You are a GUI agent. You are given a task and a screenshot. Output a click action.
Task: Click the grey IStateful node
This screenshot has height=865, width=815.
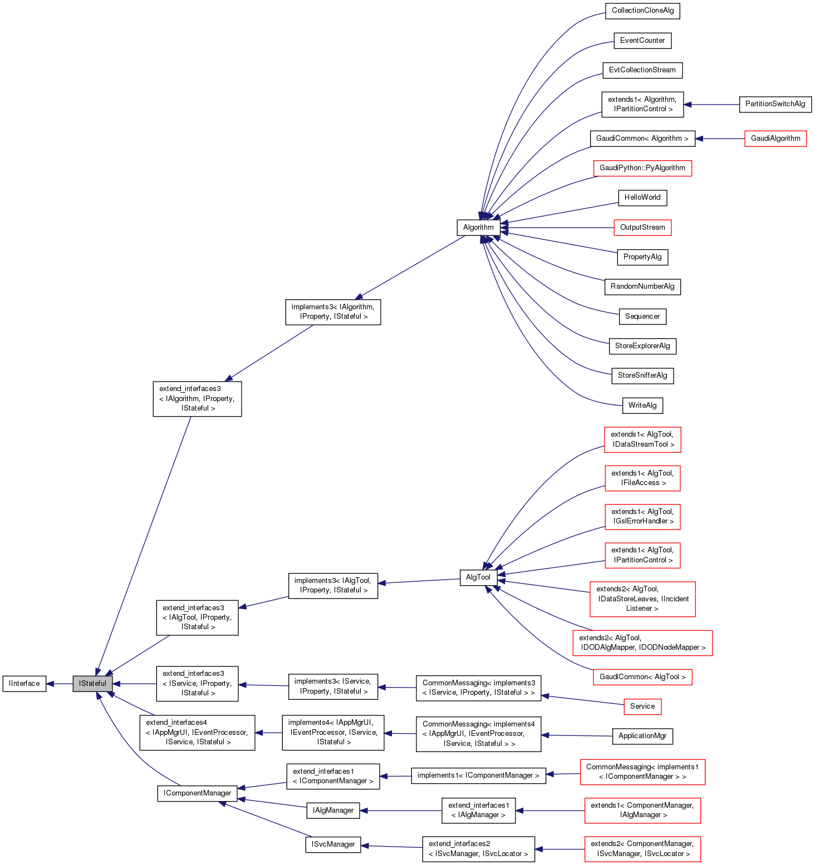coord(92,684)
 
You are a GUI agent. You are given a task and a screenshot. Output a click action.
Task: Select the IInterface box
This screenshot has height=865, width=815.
coord(24,684)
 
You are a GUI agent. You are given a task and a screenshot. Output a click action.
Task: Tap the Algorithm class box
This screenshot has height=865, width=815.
coord(478,228)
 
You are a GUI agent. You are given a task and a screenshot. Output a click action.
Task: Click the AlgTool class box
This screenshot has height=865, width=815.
coord(478,577)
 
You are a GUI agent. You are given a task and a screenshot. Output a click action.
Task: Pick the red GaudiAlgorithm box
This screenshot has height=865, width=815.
coord(775,139)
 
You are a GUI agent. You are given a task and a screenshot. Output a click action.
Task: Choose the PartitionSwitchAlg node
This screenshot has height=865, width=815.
coord(775,104)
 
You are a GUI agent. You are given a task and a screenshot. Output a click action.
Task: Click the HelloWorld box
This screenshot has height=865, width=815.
coord(642,197)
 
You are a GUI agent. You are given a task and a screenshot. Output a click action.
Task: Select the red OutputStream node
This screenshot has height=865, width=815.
coord(642,228)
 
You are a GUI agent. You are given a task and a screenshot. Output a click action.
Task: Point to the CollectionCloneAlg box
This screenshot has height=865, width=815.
coord(642,11)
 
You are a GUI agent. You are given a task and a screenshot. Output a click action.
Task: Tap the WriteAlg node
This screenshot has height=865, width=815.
coord(642,406)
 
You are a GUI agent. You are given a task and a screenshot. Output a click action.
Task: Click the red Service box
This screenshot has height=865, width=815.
coord(642,706)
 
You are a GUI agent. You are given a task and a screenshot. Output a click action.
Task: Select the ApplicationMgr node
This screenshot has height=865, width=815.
coord(642,736)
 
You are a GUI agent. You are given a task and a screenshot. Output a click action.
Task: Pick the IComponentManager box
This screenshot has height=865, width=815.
coord(197,793)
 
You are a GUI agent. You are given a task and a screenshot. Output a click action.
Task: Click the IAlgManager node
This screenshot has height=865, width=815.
coord(333,810)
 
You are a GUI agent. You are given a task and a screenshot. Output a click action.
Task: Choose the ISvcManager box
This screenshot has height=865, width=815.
coord(333,844)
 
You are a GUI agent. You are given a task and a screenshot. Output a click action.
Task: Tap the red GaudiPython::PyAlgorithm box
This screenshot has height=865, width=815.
coord(642,168)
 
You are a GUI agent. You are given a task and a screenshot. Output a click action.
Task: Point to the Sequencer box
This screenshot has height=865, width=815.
coord(642,317)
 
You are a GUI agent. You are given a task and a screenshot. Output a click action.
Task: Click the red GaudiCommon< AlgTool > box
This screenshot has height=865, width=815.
coord(642,677)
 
